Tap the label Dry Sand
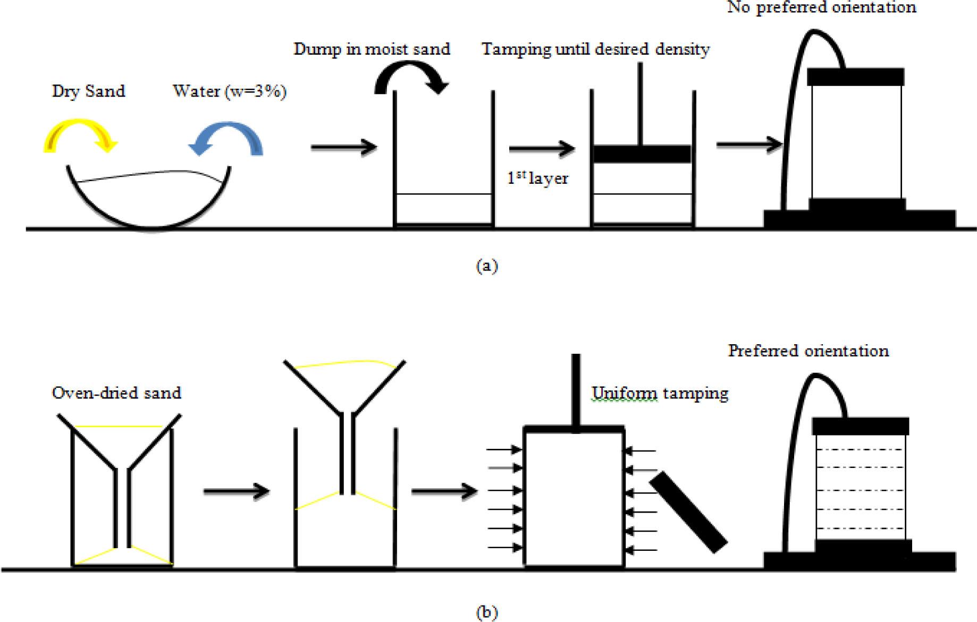(89, 91)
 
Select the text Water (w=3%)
(230, 91)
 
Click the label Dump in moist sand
(372, 49)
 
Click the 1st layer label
(537, 178)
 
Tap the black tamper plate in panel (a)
(642, 154)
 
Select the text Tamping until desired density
(595, 49)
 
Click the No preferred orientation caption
(821, 7)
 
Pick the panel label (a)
(487, 266)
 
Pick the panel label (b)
(487, 612)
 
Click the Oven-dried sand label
(116, 393)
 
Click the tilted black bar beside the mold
(688, 513)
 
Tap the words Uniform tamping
(660, 393)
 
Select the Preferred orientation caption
(808, 351)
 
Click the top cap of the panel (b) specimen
(860, 426)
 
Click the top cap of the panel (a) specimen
(855, 76)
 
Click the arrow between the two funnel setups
(237, 491)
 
